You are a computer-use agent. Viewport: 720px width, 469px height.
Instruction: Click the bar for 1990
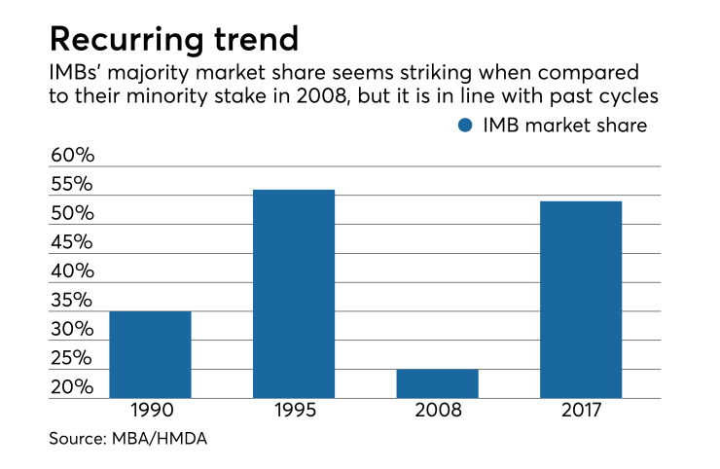(x=150, y=354)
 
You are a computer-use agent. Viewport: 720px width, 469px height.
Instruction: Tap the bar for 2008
(x=437, y=383)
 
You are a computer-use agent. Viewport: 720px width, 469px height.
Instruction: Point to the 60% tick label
(x=71, y=156)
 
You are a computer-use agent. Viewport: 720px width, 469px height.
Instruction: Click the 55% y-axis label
(x=71, y=184)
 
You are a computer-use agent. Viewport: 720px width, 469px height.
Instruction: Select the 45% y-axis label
(x=71, y=242)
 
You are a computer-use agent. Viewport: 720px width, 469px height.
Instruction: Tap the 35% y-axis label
(x=71, y=300)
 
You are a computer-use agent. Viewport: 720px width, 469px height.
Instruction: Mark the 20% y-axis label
(x=71, y=387)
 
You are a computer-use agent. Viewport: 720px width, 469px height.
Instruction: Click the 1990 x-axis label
(x=150, y=411)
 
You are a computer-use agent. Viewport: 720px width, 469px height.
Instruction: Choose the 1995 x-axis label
(x=294, y=411)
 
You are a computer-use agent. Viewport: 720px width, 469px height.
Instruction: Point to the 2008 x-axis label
(x=437, y=411)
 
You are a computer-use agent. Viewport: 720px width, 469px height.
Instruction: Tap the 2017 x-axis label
(x=581, y=411)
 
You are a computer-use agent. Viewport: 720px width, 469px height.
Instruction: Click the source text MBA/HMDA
(x=156, y=440)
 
